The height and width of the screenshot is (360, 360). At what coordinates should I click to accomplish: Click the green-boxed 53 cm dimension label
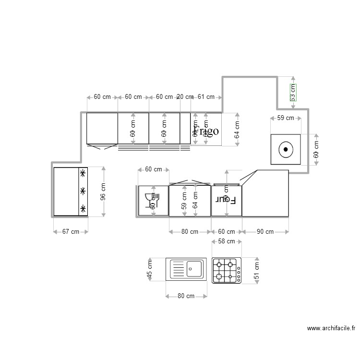click(x=292, y=92)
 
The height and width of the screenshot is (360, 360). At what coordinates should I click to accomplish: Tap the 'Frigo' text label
click(x=206, y=131)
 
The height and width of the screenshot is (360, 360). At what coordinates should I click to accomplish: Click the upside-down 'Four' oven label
click(x=226, y=199)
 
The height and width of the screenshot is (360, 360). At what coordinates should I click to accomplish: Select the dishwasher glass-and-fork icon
click(x=151, y=199)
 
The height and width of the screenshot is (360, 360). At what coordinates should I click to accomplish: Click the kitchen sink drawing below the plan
click(x=186, y=269)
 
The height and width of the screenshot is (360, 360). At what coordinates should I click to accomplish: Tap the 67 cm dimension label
click(x=71, y=232)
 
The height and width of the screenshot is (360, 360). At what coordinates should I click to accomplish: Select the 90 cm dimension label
click(x=265, y=232)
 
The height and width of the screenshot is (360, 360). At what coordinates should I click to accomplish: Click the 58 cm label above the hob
click(x=226, y=241)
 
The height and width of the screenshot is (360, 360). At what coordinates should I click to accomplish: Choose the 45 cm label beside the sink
click(x=150, y=269)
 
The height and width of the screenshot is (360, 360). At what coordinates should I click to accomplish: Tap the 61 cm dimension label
click(x=206, y=97)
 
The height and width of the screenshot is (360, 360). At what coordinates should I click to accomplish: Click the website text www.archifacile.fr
click(x=331, y=329)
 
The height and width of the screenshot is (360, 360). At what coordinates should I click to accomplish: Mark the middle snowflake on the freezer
click(x=83, y=191)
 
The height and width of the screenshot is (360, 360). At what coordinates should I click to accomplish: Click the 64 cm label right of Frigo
click(x=237, y=130)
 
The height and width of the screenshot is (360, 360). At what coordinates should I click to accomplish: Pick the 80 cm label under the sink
click(x=186, y=296)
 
